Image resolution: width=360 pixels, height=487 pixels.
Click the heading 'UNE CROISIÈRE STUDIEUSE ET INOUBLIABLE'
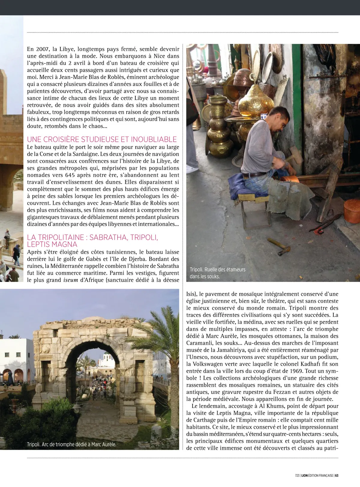102,139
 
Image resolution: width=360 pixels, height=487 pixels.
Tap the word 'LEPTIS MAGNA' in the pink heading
52,244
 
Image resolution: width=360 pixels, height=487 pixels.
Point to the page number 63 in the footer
337,476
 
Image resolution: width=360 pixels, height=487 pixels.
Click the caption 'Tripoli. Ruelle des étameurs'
217,270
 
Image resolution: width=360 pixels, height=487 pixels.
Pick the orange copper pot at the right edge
352,210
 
